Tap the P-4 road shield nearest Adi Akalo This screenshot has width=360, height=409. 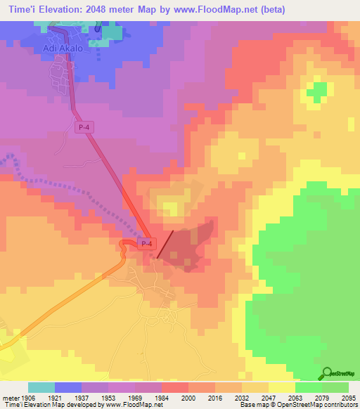tap(84, 126)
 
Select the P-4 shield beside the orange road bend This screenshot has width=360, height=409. tap(146, 244)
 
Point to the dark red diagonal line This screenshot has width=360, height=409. tap(165, 243)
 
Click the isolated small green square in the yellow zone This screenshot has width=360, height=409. tap(319, 91)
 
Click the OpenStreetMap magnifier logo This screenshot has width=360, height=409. tap(326, 373)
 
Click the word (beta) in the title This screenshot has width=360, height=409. tap(270, 9)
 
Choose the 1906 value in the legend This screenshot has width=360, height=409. tap(28, 397)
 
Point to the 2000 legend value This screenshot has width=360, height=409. tap(188, 397)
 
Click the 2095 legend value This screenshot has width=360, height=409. tap(349, 397)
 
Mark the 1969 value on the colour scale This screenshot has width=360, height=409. tap(135, 397)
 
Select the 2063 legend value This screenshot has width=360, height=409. tap(295, 397)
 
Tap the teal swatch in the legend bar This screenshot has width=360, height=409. tap(41, 387)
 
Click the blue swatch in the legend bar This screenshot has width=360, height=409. tap(68, 387)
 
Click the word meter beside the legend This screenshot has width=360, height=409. tap(9, 397)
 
